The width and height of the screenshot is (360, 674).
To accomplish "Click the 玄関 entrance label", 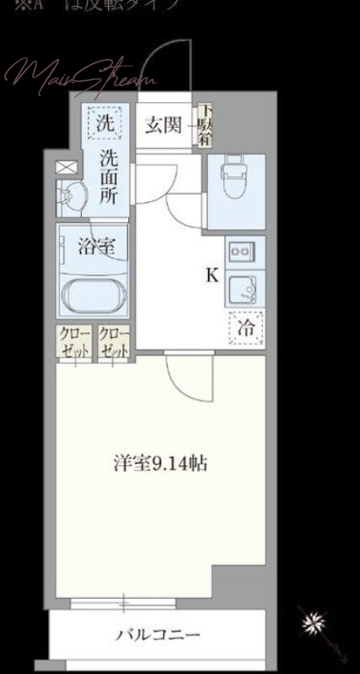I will point(162,126).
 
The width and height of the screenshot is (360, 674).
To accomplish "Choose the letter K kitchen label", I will point(212,275).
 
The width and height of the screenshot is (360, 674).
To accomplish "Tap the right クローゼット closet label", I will point(113,341).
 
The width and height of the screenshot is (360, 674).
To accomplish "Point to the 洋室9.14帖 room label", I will point(161,463).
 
